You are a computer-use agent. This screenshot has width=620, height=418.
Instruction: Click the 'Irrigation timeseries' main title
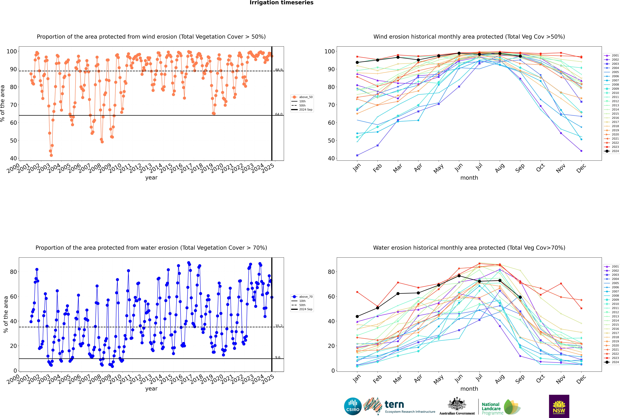(x=281, y=3)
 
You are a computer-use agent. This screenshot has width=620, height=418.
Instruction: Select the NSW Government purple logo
(x=559, y=406)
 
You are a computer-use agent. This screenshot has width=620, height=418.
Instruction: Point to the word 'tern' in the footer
(x=394, y=404)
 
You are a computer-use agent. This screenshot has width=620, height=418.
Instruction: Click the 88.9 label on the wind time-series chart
(x=279, y=70)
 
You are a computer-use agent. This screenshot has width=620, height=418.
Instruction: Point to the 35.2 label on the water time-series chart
(x=279, y=326)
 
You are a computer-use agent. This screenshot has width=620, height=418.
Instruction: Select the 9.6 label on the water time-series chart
(x=278, y=357)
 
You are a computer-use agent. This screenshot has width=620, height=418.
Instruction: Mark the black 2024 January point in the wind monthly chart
(x=357, y=62)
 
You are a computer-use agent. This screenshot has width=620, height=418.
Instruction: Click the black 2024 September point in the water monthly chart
(x=520, y=297)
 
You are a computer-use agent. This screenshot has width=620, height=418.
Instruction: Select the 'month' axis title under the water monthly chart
(x=469, y=389)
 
